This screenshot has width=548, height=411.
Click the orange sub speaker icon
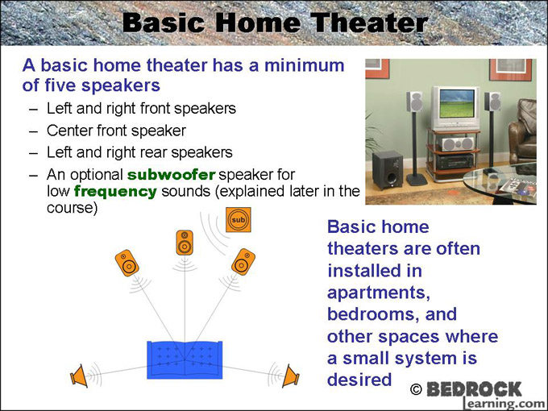239,220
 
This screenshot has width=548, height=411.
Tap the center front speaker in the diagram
185,243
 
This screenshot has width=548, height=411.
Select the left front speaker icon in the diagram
127,263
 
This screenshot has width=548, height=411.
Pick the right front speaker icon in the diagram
243,262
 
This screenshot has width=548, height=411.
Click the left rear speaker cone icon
79,376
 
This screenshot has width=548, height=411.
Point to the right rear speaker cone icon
290,376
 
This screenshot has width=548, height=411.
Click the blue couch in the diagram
185,360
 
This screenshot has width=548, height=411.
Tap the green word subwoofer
171,174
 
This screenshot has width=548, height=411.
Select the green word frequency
116,192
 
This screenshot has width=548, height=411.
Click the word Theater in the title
369,23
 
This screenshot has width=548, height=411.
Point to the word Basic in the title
164,23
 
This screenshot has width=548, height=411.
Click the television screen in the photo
455,103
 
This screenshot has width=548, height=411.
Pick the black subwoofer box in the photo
388,170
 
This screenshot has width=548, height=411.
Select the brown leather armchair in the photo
523,133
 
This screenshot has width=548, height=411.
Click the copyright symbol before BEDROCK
416,389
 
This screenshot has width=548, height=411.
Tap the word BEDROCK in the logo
474,389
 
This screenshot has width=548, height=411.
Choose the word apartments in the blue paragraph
379,293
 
